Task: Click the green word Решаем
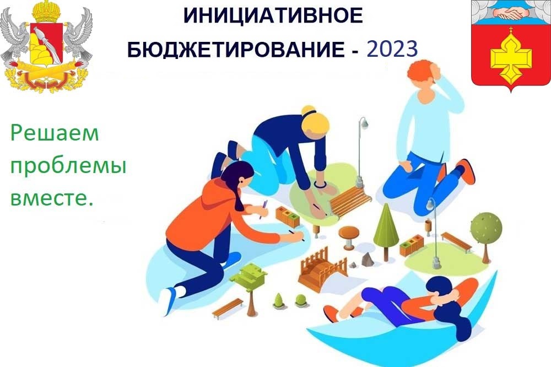pos(55,134)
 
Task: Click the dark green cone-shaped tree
pos(386,226)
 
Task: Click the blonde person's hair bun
pos(309,111)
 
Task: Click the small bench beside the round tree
pos(456,241)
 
